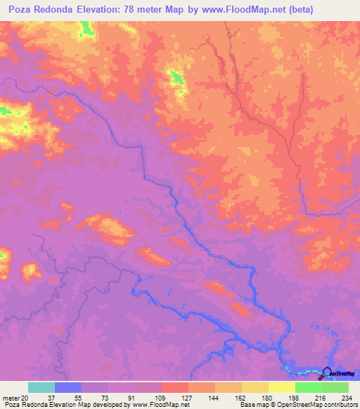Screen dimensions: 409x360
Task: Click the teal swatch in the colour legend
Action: [x=41, y=387]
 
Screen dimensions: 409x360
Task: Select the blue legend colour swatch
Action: [x=68, y=387]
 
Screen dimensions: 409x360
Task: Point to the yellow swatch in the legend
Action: [x=282, y=387]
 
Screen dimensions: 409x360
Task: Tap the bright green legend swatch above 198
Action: [x=309, y=387]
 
